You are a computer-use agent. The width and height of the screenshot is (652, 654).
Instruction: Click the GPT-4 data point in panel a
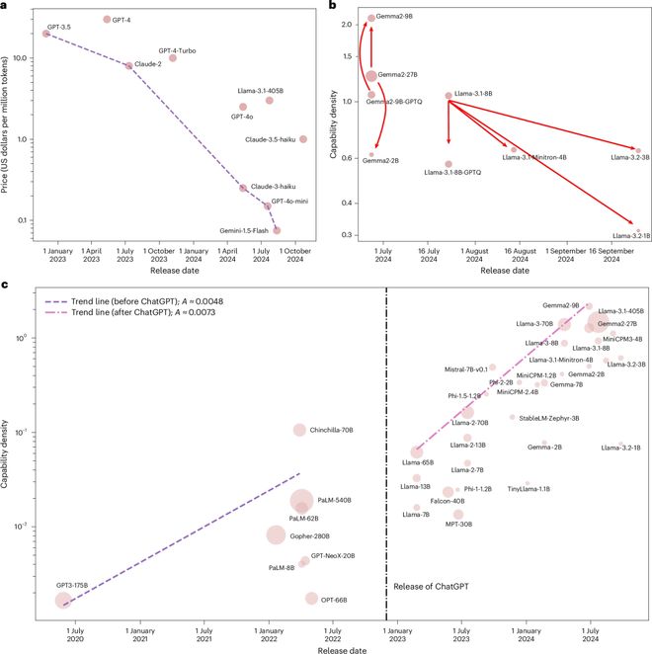[x=107, y=19]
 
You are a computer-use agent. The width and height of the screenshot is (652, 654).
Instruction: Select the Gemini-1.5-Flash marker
[x=277, y=230]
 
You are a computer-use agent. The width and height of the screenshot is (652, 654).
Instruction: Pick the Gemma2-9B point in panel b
[x=371, y=18]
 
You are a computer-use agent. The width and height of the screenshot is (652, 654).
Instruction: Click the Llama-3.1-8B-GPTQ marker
[x=448, y=164]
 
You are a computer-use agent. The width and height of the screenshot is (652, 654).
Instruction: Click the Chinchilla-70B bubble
[x=299, y=429]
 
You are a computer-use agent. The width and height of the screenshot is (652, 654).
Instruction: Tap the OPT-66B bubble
[x=311, y=598]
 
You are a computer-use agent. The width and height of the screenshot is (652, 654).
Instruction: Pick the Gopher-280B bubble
[x=276, y=534]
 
